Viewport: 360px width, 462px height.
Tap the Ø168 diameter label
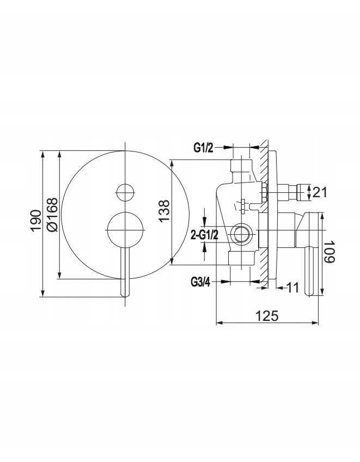[x=52, y=215]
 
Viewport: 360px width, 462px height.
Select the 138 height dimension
[x=164, y=211]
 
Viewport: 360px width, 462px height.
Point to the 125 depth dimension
[x=267, y=316]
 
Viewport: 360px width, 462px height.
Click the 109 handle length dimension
[x=329, y=252]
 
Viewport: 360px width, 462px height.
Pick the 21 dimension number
[x=320, y=192]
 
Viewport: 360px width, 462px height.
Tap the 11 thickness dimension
[x=292, y=287]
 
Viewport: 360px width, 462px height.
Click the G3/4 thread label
[x=200, y=283]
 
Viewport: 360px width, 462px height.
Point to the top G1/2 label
[x=203, y=148]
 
